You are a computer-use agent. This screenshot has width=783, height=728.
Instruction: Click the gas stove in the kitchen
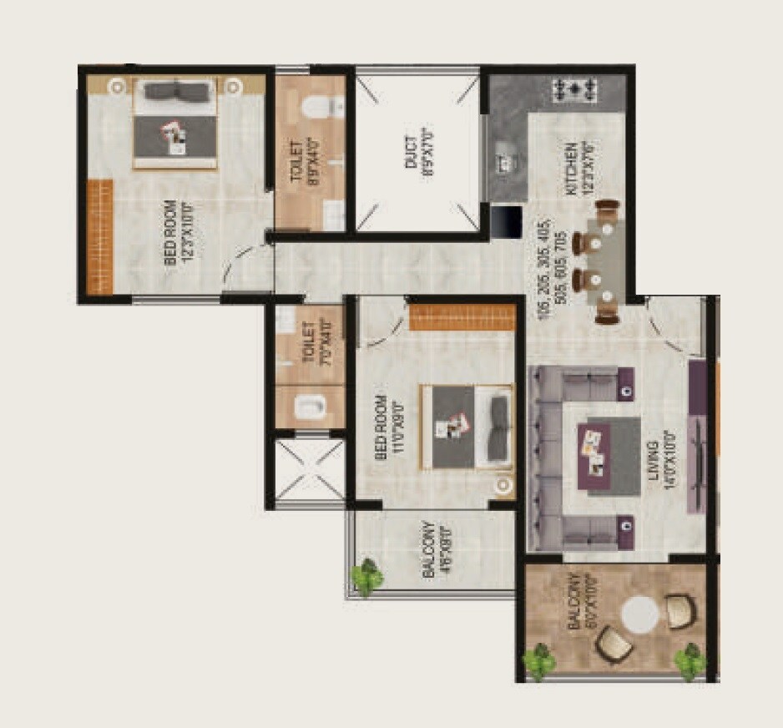(x=575, y=87)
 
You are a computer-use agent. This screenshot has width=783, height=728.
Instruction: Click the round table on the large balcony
(x=641, y=614)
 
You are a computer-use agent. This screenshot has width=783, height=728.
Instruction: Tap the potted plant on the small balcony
(x=367, y=576)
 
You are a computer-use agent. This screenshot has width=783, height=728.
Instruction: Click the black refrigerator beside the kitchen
(x=506, y=221)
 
